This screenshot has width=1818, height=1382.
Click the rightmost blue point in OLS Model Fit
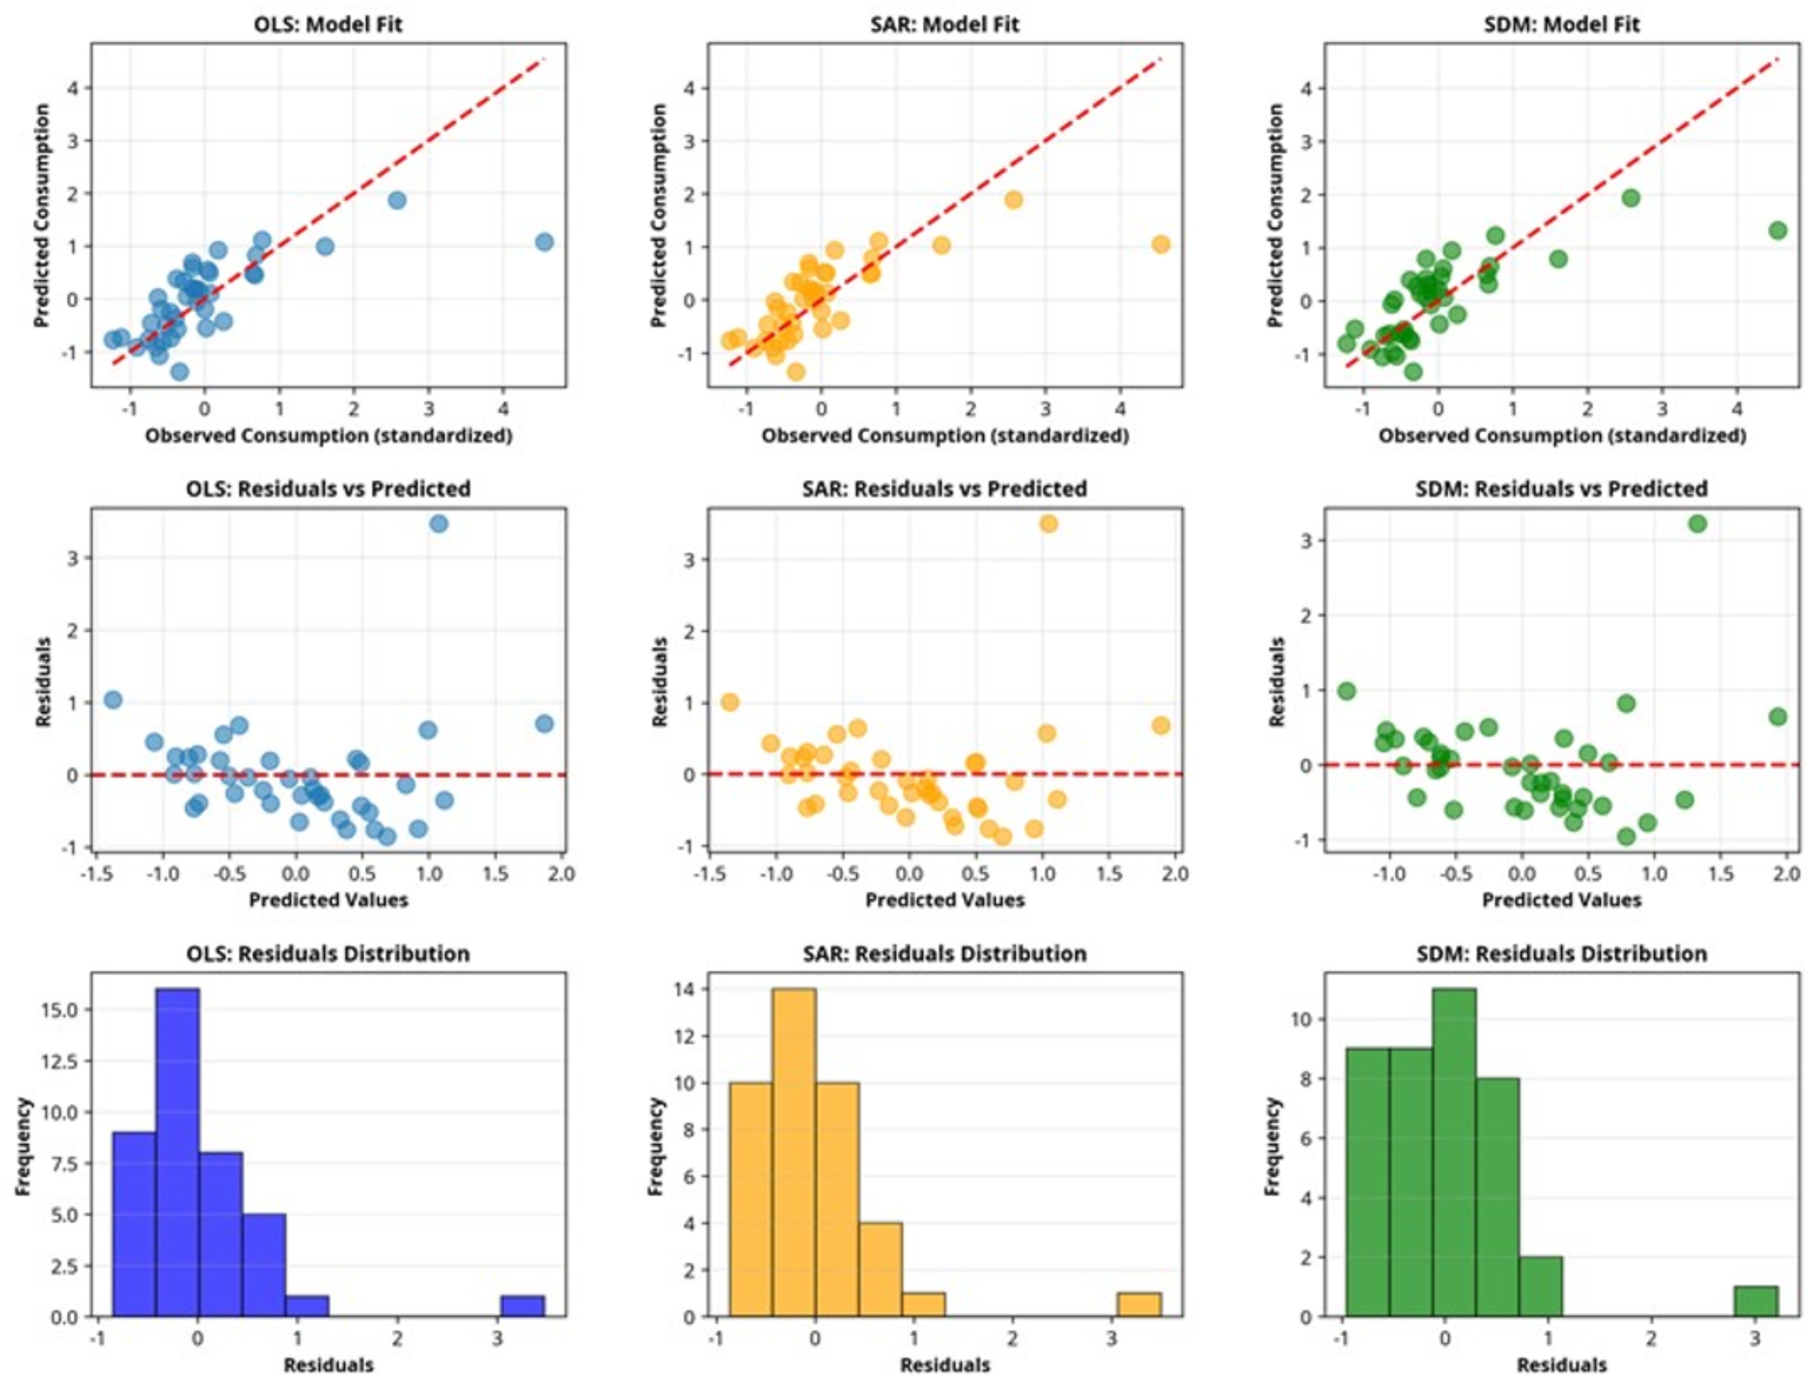pyautogui.click(x=544, y=242)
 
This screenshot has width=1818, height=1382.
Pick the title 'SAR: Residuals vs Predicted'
pyautogui.click(x=944, y=489)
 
